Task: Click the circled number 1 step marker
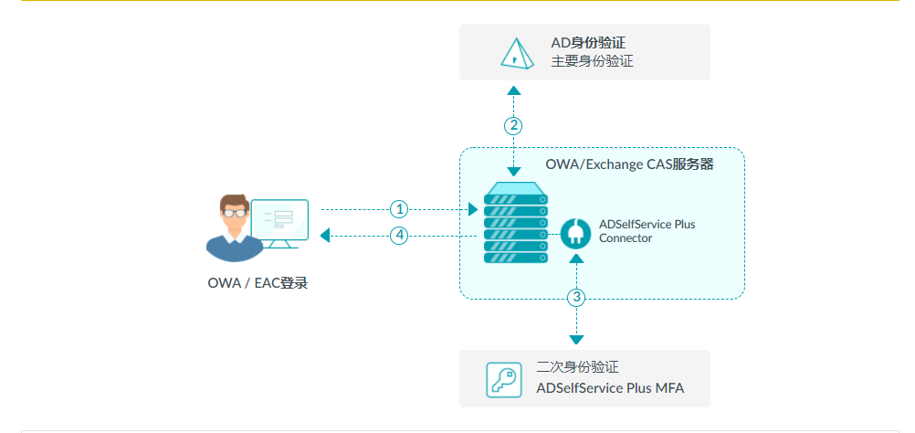[x=398, y=209]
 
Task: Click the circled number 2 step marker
[x=514, y=125]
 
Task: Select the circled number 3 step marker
[x=576, y=297]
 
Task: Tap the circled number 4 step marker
[x=398, y=236]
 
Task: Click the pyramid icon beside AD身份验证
[x=516, y=53]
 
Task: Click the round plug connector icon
[x=576, y=233]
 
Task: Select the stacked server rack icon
[x=516, y=224]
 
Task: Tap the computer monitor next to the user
[x=280, y=222]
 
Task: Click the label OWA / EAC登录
[x=258, y=283]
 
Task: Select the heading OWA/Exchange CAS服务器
[x=629, y=165]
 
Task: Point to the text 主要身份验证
[x=592, y=62]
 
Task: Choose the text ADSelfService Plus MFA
[x=610, y=388]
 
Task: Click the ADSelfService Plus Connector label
[x=647, y=231]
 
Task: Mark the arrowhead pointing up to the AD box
[x=514, y=90]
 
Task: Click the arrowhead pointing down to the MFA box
[x=576, y=339]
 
